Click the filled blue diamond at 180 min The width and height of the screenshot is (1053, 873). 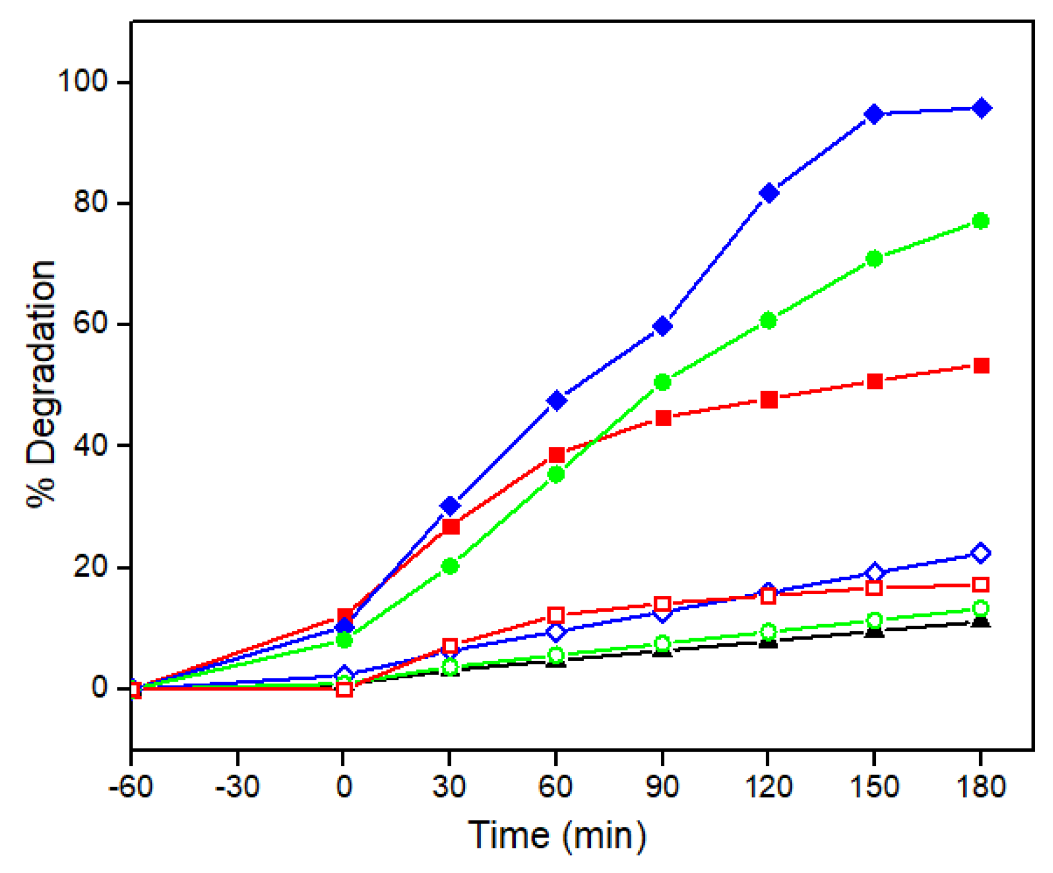[981, 108]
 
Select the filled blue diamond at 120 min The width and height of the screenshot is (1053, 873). [769, 193]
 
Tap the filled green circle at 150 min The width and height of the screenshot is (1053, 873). [874, 258]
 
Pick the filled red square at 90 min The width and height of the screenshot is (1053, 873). [662, 418]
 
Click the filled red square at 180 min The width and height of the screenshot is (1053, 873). [981, 366]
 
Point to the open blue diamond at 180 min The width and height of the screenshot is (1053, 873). [981, 553]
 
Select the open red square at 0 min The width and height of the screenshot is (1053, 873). [344, 689]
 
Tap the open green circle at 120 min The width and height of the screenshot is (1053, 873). [768, 631]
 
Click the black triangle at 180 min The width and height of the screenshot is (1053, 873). [981, 622]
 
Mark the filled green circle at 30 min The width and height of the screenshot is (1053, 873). [450, 566]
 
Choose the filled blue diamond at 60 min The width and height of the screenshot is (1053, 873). [556, 401]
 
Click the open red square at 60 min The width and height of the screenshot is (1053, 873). [556, 615]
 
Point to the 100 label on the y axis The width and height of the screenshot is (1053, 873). [82, 81]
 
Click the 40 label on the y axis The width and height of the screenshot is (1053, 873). [90, 445]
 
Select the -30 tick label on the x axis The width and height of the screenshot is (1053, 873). [237, 786]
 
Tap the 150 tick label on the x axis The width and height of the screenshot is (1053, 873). [874, 786]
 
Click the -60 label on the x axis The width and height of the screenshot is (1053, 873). [130, 786]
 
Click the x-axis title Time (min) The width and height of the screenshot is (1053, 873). [556, 835]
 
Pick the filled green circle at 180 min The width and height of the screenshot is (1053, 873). [981, 221]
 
